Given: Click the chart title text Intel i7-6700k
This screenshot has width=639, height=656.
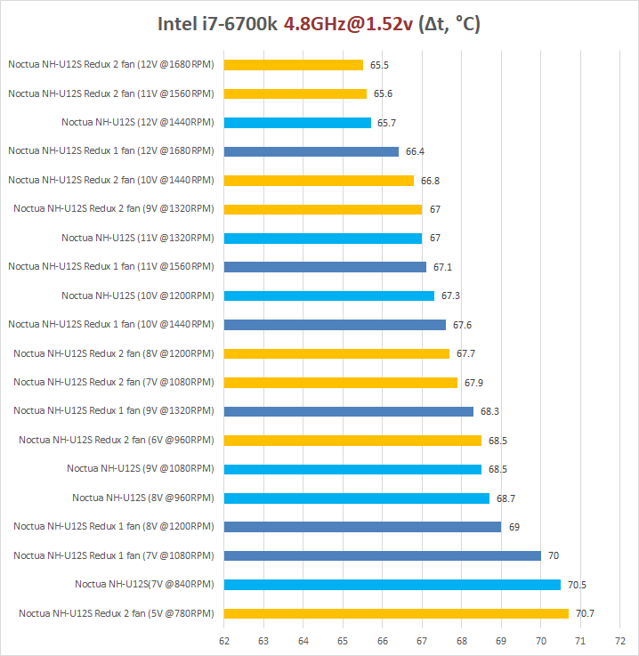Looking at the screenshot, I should coord(219,24).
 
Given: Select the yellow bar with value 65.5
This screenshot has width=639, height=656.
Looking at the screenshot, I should coord(294,65).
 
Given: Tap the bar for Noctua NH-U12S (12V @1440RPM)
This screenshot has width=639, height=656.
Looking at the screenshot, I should coord(297,123).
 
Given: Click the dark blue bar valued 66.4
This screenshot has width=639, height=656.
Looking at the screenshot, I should coord(311,151).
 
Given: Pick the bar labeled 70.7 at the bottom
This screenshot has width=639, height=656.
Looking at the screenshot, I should coord(396,613).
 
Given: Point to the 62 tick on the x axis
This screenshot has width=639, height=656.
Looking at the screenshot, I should coord(224,640).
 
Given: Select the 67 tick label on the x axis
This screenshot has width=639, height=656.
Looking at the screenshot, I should coord(422,640).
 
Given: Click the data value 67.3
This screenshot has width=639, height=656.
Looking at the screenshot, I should coord(450,296).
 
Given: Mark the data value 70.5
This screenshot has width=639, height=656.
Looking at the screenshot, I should coord(578,585).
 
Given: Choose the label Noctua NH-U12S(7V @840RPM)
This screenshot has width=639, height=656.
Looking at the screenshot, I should coord(144,585).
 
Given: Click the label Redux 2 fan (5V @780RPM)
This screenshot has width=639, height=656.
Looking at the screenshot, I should coord(116,613).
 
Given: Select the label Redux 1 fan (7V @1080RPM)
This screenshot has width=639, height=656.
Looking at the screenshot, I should coord(113,555).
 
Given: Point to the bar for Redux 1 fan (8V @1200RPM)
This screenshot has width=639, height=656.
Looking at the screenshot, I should coord(362,527).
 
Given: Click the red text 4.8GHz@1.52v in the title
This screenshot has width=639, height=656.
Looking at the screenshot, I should coord(348,24).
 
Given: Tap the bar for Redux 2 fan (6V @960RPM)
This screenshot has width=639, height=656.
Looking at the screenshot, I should coord(352,440).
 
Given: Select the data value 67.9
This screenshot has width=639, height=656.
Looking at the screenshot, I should coord(474,383).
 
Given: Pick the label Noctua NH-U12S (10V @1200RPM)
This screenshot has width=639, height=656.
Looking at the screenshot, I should coord(137,296).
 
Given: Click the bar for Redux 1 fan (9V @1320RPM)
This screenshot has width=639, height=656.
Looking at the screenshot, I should coord(349,411).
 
